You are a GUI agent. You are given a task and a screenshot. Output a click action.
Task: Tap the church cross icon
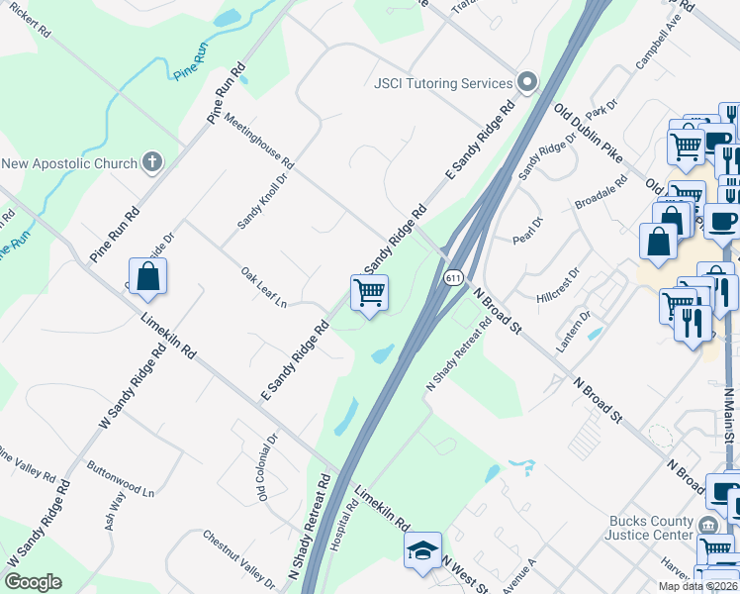(x=152, y=161)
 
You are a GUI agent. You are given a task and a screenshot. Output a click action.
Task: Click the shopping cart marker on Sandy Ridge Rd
(x=369, y=293)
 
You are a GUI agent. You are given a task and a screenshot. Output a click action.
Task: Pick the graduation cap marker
(x=422, y=550)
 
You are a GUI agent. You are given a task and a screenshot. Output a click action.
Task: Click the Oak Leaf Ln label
(x=263, y=286)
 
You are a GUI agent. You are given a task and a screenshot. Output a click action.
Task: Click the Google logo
(x=33, y=582)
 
